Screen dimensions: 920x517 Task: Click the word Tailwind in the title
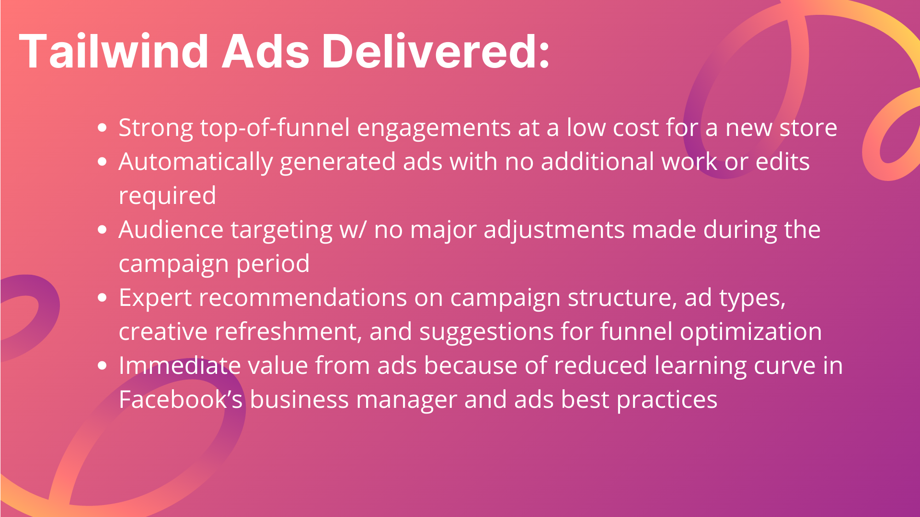(x=114, y=51)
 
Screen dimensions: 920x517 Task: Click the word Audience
(x=171, y=230)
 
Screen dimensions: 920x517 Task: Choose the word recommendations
(x=303, y=298)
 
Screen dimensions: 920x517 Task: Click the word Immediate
(x=180, y=366)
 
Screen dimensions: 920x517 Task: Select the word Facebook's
(x=181, y=400)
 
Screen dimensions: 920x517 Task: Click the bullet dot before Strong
(x=102, y=128)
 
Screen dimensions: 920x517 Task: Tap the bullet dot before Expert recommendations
(x=102, y=298)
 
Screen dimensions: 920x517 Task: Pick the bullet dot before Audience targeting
(x=102, y=230)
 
